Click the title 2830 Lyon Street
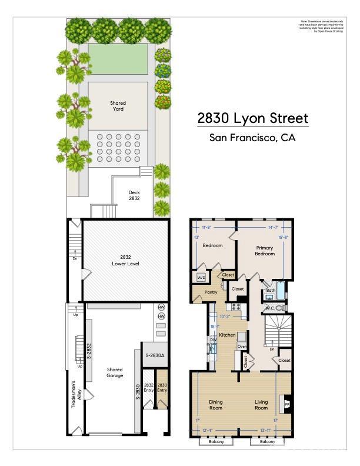252,118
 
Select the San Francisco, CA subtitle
252,139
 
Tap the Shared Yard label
118,106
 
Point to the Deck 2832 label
135,195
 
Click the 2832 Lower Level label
125,261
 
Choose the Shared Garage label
115,373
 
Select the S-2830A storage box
155,355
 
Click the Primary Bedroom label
265,251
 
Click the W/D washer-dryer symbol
201,277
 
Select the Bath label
271,290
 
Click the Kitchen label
227,335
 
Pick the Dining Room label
216,405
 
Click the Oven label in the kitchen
241,347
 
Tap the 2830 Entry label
162,388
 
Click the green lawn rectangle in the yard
118,59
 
